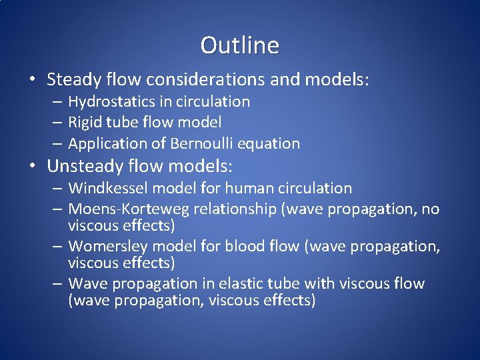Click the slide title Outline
tap(239, 45)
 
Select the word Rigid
tap(85, 123)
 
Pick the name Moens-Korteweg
tap(129, 209)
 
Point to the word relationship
tap(234, 209)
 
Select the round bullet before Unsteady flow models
tap(33, 165)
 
